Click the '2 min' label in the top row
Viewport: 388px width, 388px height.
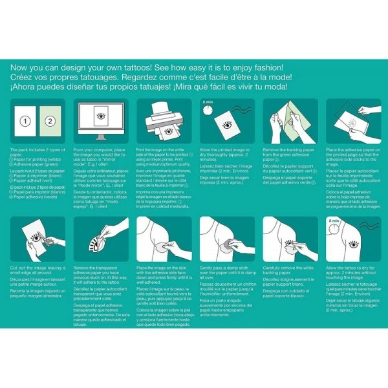click(x=208, y=102)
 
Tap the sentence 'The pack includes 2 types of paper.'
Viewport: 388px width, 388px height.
click(x=36, y=151)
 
